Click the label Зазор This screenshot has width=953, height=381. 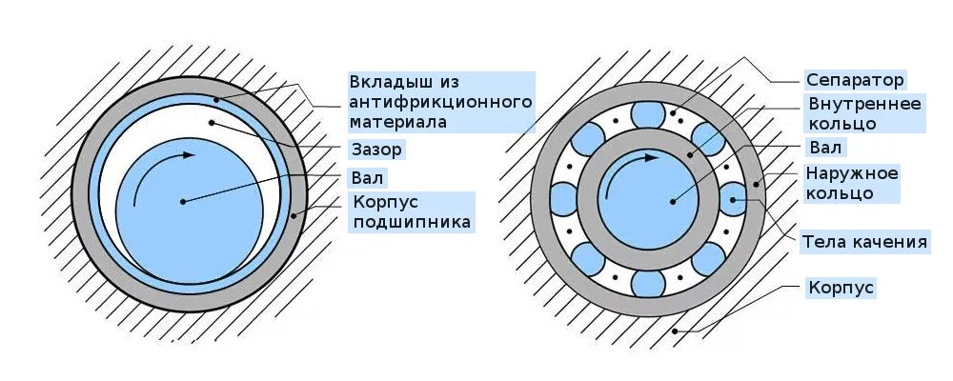click(376, 150)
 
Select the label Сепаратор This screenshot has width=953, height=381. click(855, 80)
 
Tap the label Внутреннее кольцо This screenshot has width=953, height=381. click(864, 113)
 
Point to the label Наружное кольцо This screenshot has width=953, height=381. click(852, 183)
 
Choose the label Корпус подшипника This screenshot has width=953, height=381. click(412, 213)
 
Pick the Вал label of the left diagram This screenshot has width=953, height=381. click(368, 178)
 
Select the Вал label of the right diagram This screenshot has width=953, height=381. click(825, 148)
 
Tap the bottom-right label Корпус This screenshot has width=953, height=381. click(841, 287)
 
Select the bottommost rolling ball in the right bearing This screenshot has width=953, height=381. click(647, 283)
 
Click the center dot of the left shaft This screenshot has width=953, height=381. click(180, 201)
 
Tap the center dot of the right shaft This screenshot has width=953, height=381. click(672, 201)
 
